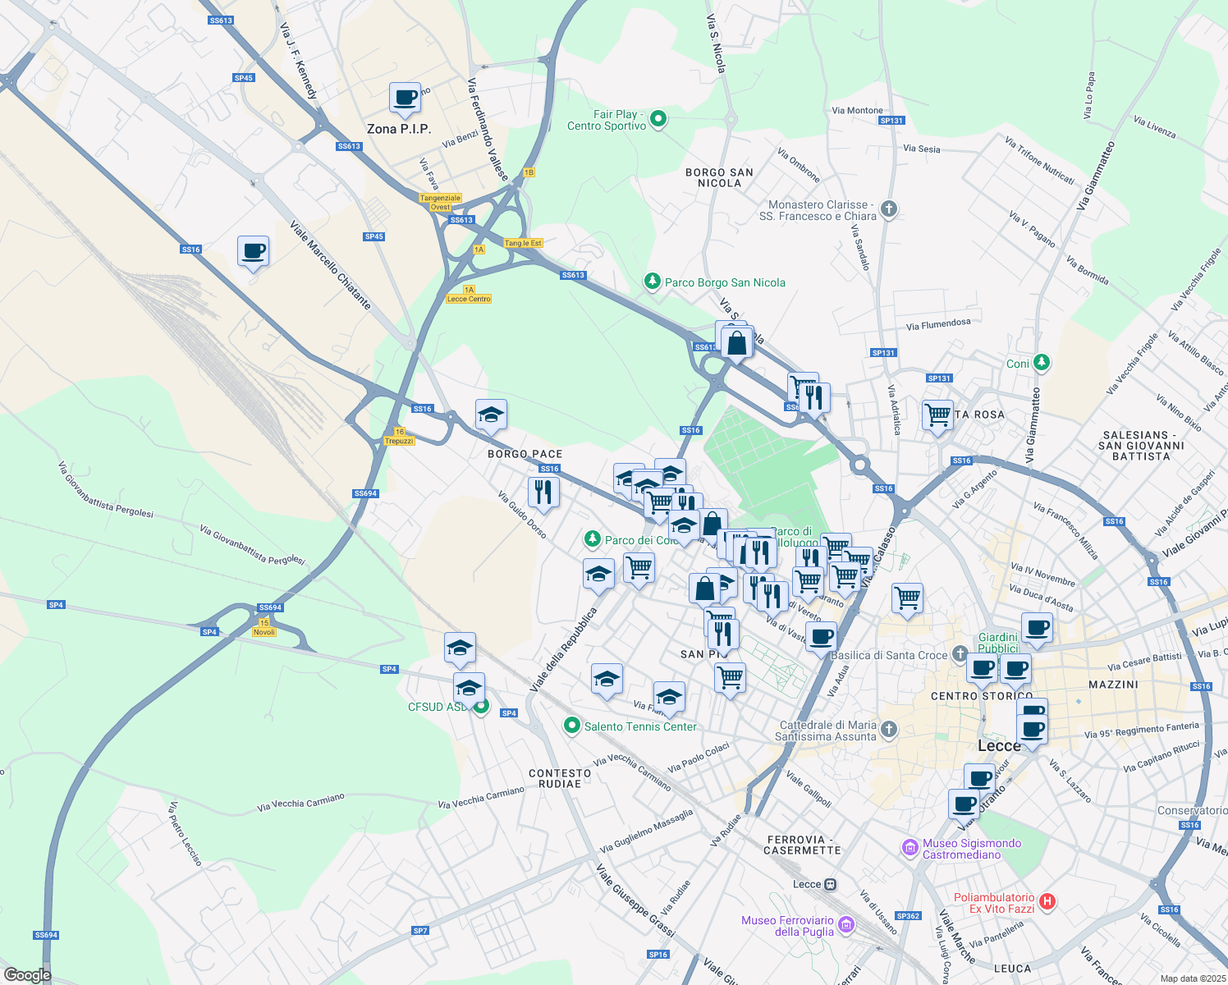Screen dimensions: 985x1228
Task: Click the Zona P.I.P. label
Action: pyautogui.click(x=399, y=129)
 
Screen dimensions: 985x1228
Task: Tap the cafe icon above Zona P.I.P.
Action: pyautogui.click(x=405, y=98)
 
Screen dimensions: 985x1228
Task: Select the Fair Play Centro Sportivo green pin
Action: pyautogui.click(x=658, y=121)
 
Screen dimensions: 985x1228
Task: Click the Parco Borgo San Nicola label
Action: pyautogui.click(x=725, y=282)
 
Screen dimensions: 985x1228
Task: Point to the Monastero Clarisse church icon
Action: pyautogui.click(x=889, y=209)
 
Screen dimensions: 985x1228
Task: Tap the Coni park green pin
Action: pyautogui.click(x=1042, y=362)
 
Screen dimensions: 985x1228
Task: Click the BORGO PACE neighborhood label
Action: pyautogui.click(x=525, y=454)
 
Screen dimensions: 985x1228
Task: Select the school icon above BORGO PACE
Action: pyautogui.click(x=491, y=415)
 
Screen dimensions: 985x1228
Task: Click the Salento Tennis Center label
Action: pyautogui.click(x=640, y=726)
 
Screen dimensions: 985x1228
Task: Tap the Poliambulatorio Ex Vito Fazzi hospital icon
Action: pyautogui.click(x=1047, y=902)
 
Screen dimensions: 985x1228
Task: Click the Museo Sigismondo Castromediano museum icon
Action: pyautogui.click(x=910, y=848)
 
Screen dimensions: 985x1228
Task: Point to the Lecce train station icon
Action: pyautogui.click(x=831, y=884)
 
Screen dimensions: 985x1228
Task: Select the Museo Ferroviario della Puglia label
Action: pyautogui.click(x=787, y=926)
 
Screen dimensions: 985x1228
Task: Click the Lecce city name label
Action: pyautogui.click(x=999, y=745)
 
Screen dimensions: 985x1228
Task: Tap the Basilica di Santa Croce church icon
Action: pyautogui.click(x=960, y=655)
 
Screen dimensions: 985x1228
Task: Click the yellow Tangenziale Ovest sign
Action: pyautogui.click(x=441, y=202)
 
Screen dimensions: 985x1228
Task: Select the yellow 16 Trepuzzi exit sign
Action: pyautogui.click(x=399, y=437)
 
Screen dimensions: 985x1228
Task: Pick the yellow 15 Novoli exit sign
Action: pyautogui.click(x=264, y=628)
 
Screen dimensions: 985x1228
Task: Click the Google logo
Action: pyautogui.click(x=27, y=974)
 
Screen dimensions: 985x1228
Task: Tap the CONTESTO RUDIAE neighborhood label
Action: pyautogui.click(x=560, y=778)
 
